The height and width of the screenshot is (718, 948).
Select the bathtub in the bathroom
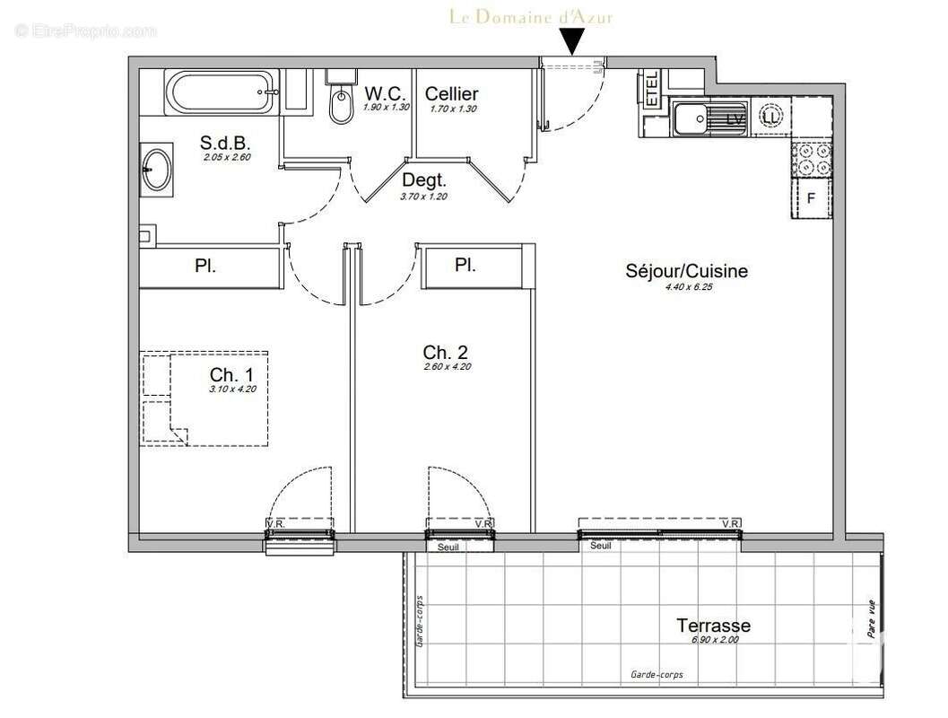[219, 92]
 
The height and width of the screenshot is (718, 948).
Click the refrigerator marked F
[812, 198]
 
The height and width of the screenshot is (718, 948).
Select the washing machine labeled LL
[770, 117]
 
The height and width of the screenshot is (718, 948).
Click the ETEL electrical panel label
[650, 90]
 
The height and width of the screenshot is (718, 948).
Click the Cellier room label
[451, 93]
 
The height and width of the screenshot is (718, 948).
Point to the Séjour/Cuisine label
[687, 271]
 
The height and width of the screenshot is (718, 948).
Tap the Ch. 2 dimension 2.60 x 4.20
[446, 366]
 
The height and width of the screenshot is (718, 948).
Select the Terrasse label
[713, 626]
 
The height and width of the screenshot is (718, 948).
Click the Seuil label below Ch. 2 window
[448, 547]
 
